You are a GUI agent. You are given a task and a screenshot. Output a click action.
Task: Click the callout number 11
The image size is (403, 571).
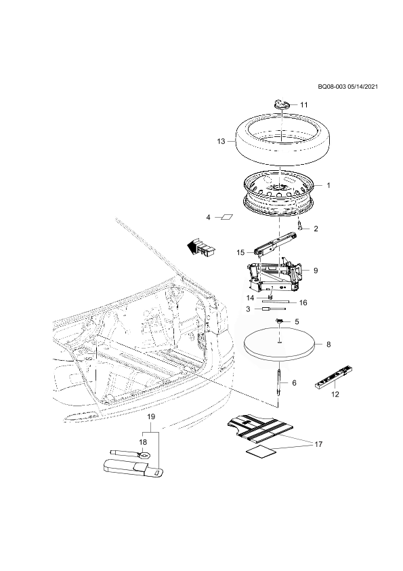pos(303,105)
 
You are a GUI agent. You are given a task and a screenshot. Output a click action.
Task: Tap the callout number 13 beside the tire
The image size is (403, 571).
pos(221,141)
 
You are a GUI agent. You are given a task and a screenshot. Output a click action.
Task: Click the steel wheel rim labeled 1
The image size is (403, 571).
pos(279,193)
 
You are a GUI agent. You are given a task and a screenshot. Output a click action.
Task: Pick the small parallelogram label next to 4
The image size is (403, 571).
pos(227,218)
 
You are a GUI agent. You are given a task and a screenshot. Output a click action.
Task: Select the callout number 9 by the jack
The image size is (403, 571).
pos(316,271)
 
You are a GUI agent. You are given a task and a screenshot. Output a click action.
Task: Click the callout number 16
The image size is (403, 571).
pos(303,302)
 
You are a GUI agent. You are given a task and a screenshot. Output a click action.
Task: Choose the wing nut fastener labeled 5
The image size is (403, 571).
pos(280,321)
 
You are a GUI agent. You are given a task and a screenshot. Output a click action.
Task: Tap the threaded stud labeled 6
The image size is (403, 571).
pos(279,382)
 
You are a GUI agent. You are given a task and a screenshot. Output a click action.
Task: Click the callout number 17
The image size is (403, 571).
pos(318,444)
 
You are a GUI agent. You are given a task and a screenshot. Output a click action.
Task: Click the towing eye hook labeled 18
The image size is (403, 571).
pos(131,454)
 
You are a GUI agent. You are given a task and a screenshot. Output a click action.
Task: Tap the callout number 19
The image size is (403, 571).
pos(151,416)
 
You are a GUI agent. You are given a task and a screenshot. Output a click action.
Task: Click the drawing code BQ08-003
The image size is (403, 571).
pos(331,87)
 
